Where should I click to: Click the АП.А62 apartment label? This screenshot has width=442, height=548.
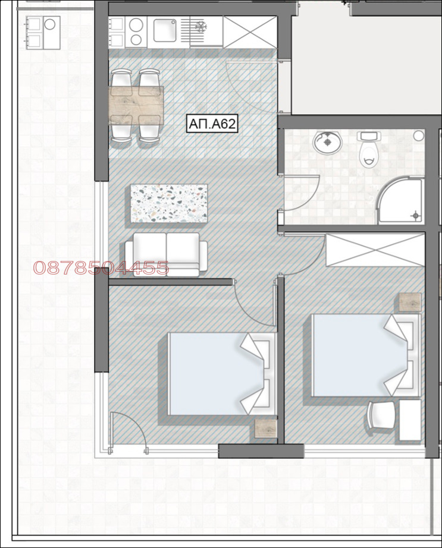tap(212, 124)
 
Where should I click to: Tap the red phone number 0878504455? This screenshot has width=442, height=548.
tap(101, 268)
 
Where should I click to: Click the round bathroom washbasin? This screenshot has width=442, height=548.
tap(325, 143)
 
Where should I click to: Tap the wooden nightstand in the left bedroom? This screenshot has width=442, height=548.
tap(266, 429)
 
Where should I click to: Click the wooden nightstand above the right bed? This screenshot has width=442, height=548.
tap(410, 303)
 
